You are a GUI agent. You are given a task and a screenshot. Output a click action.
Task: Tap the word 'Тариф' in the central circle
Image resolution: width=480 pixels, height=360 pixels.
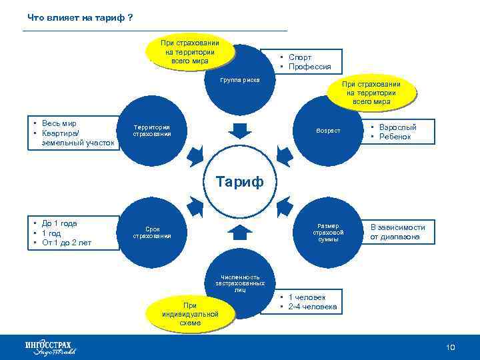pyautogui.click(x=239, y=181)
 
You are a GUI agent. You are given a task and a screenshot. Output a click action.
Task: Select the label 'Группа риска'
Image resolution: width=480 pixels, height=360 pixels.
pyautogui.click(x=240, y=79)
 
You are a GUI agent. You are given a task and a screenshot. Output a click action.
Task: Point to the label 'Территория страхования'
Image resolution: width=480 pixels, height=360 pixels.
pyautogui.click(x=152, y=130)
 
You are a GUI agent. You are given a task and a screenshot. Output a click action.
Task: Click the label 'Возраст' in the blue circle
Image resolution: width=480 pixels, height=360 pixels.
pyautogui.click(x=328, y=130)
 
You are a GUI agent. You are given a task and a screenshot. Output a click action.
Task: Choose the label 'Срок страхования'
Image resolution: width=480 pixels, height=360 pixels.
pyautogui.click(x=152, y=232)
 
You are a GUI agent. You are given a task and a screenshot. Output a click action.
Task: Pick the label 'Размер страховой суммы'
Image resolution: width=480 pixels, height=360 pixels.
pyautogui.click(x=328, y=232)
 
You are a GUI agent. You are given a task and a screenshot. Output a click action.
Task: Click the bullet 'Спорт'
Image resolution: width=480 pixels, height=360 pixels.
pyautogui.click(x=300, y=57)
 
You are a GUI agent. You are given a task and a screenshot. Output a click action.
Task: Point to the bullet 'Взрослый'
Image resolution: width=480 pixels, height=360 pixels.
pyautogui.click(x=397, y=127)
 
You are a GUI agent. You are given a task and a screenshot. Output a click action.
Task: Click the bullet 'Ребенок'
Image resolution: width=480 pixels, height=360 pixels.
pyautogui.click(x=395, y=137)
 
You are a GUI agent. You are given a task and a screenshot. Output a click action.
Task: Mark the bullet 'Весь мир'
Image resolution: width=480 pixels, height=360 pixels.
pyautogui.click(x=59, y=123)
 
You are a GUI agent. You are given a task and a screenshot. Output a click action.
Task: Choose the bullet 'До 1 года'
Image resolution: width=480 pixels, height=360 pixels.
pyautogui.click(x=59, y=223)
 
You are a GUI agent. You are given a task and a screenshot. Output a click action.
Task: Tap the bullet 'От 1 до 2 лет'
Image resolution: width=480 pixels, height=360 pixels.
pyautogui.click(x=67, y=243)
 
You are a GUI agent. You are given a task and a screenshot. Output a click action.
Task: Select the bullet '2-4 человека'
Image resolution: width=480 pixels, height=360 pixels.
pyautogui.click(x=313, y=307)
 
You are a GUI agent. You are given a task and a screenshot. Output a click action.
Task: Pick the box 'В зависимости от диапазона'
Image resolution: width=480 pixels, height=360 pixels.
pyautogui.click(x=397, y=232)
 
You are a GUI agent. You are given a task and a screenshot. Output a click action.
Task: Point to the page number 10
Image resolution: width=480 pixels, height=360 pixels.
pyautogui.click(x=450, y=347)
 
